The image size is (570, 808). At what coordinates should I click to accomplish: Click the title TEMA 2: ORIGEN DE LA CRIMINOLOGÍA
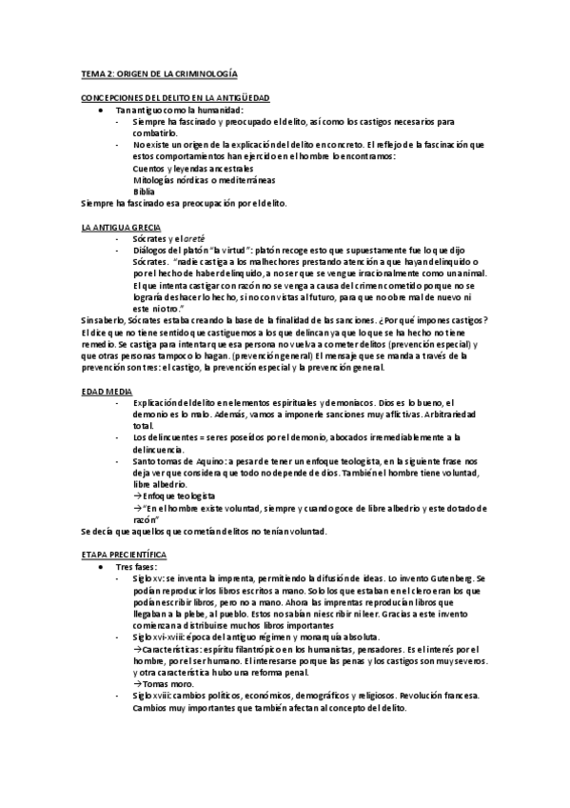[159, 72]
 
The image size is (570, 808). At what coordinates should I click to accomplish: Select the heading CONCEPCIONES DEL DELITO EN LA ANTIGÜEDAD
[175, 98]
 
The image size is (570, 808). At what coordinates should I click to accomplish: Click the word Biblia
[144, 191]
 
